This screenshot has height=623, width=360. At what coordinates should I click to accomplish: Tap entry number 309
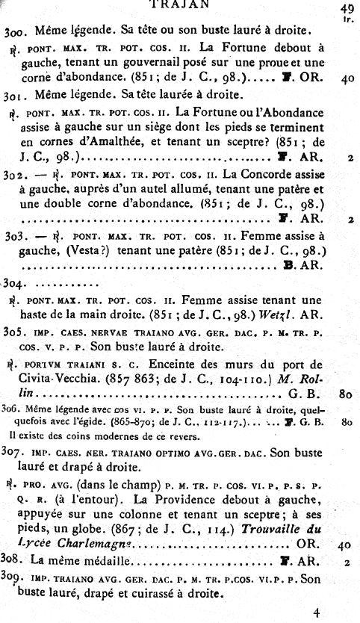tap(15, 579)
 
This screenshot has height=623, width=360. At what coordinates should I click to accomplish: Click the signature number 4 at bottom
tap(317, 613)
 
